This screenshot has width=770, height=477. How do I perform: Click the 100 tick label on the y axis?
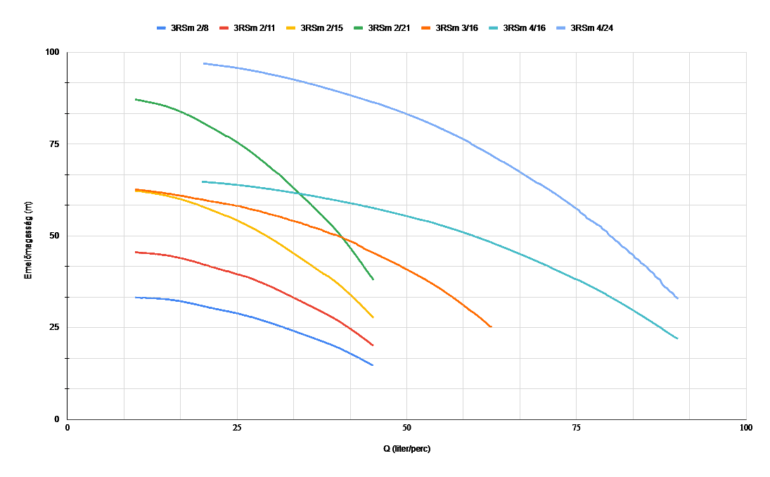click(x=52, y=53)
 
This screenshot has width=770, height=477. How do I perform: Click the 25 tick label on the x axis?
click(x=237, y=428)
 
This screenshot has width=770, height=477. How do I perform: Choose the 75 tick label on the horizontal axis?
click(x=576, y=428)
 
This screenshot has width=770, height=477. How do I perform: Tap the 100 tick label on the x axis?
click(x=746, y=428)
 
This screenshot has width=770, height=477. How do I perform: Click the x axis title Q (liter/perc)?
click(x=406, y=449)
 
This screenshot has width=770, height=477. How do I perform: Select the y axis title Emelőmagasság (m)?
click(x=29, y=236)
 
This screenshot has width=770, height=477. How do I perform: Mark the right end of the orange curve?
click(x=491, y=327)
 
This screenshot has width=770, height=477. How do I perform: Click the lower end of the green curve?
click(x=373, y=280)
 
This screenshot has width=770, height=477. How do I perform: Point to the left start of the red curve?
click(x=136, y=252)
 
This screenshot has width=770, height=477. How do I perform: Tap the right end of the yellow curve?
click(x=373, y=317)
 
